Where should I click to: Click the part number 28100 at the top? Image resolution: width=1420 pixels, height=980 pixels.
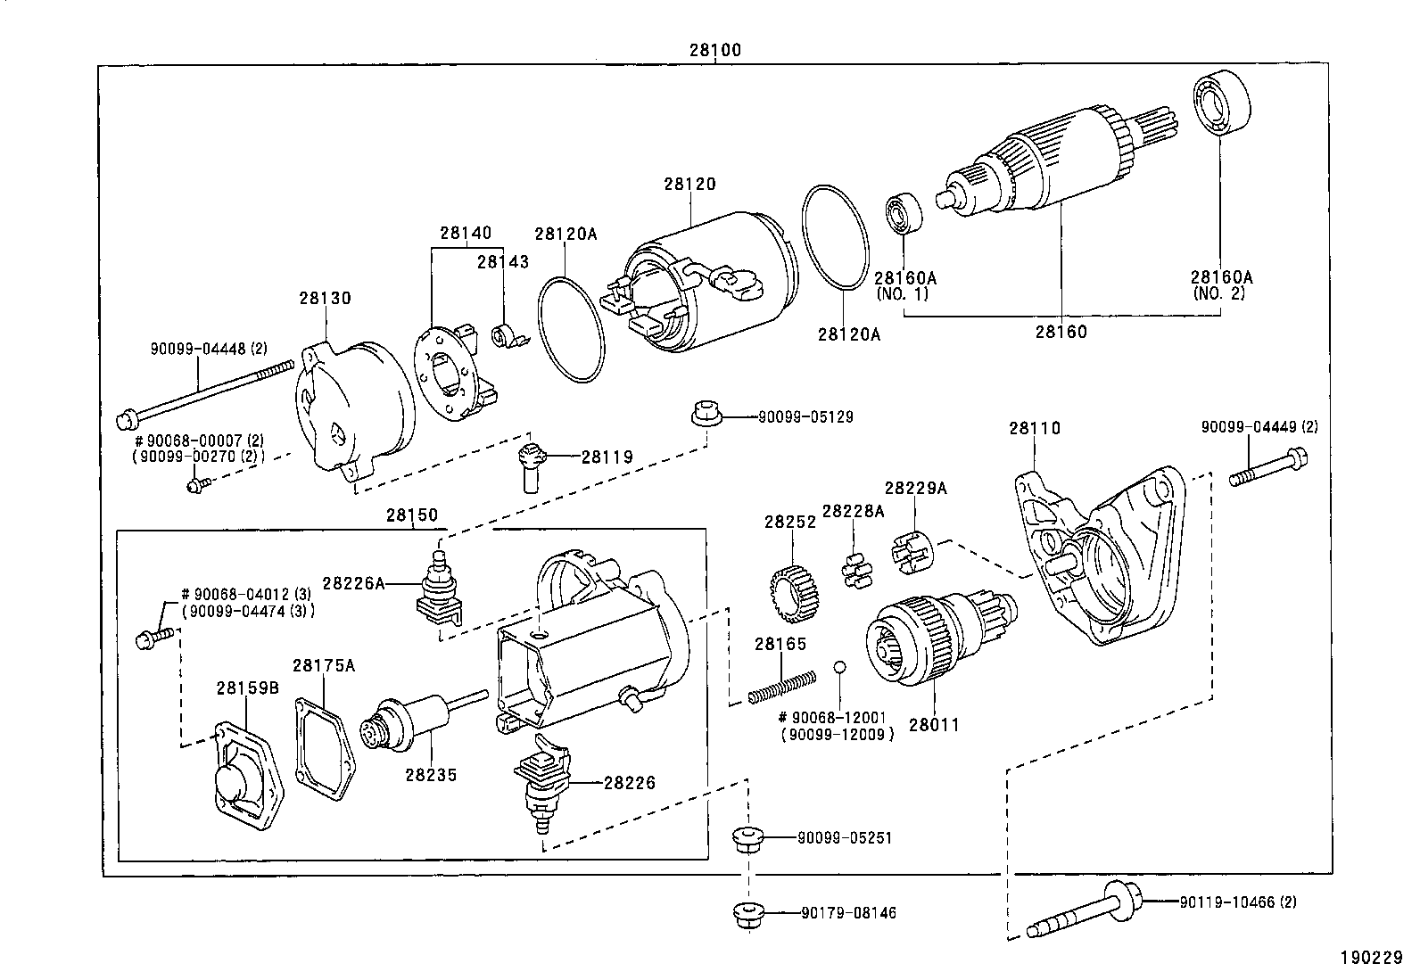714,51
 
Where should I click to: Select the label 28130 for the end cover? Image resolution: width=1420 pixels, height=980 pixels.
325,298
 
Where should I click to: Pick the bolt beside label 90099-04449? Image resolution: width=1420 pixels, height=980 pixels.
1270,472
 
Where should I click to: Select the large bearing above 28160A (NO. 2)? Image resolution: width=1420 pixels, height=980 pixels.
1220,104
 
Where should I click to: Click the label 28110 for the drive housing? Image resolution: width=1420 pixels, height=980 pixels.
1035,428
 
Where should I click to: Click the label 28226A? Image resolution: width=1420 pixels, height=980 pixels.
353,583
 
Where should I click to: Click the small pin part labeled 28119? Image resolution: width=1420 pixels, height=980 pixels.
530,464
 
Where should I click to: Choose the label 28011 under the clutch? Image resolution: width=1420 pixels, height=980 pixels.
934,725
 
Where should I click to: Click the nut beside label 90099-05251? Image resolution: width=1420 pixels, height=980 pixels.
745,839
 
